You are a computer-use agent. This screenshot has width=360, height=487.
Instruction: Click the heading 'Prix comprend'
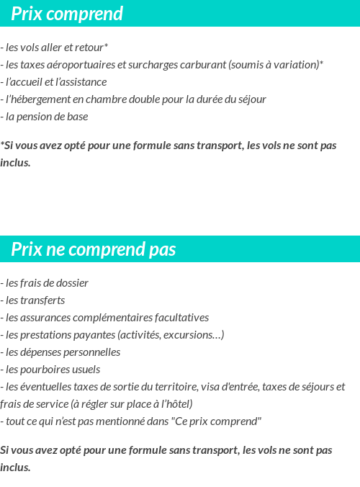67,14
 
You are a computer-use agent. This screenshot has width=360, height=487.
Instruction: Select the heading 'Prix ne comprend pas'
94,250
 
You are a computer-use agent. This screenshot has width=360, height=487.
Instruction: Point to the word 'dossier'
71,283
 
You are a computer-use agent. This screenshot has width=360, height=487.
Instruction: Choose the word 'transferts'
45,300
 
